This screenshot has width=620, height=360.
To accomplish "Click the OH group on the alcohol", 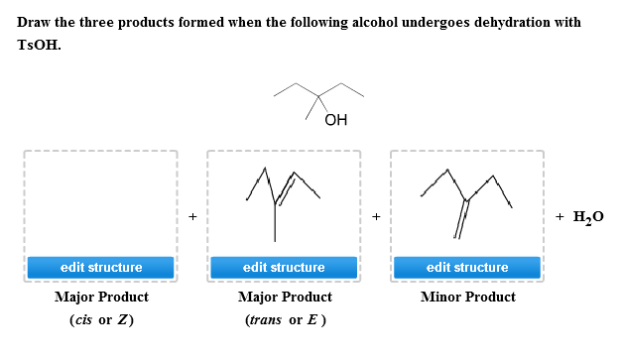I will tap(336, 121).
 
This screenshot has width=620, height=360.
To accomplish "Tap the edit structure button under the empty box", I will tap(101, 268).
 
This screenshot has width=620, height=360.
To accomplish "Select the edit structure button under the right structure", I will tap(466, 268).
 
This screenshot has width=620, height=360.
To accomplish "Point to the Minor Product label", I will tap(467, 297).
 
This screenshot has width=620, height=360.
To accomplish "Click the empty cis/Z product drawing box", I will tap(101, 203).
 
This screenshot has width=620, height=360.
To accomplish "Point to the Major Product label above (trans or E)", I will tap(284, 297).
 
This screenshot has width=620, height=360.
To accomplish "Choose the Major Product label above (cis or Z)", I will tap(101, 297).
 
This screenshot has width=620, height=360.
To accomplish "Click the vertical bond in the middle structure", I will tap(275, 222).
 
